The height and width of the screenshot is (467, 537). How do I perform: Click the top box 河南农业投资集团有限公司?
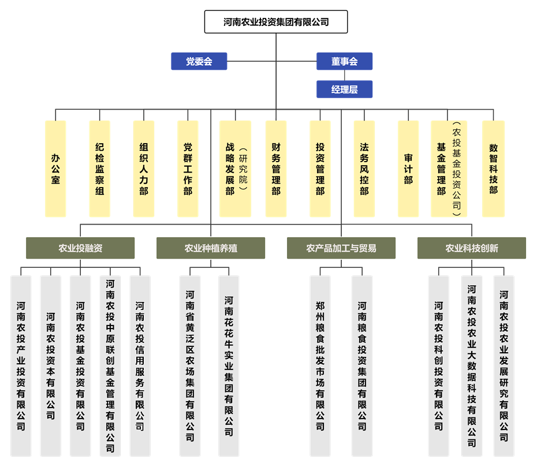coord(276,23)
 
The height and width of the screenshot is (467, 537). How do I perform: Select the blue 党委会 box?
coord(199,61)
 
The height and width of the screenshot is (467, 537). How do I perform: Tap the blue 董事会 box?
coord(344,61)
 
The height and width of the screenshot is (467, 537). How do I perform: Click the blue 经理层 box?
coord(344,89)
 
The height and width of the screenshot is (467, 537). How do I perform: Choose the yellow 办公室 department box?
coord(55,169)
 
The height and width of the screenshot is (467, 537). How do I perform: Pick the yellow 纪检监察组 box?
coord(99,169)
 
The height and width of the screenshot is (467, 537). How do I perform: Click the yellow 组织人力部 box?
coord(143,169)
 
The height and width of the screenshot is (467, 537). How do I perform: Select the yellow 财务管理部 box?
coord(276,169)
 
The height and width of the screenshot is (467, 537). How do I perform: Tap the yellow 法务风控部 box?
coord(364,169)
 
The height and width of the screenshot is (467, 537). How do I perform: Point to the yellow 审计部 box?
coord(408,169)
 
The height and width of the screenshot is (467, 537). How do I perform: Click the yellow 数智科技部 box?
coord(493,169)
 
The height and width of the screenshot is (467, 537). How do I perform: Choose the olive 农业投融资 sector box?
coord(80,248)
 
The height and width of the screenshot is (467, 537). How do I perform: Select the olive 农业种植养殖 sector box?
coord(211,248)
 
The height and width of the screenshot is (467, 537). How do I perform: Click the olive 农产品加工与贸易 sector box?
coord(341,248)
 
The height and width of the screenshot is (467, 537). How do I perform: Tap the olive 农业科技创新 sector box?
coord(472,248)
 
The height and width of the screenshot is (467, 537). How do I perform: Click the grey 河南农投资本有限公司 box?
coord(50,366)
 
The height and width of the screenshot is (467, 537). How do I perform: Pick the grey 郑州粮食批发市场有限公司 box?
coord(320,366)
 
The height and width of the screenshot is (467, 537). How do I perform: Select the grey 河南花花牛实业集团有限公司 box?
coord(229,366)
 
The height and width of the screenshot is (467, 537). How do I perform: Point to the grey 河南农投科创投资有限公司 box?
coord(438,366)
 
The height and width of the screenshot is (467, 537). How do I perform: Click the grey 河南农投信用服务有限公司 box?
coord(140,366)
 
